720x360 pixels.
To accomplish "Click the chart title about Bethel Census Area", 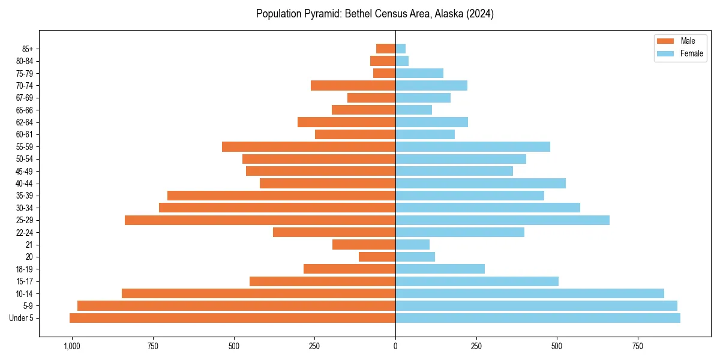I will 374,14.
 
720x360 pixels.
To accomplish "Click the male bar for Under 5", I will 232,318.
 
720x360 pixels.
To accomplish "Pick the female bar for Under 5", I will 538,318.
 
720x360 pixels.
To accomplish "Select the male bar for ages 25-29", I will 260,220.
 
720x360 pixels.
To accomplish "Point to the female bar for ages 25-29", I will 502,220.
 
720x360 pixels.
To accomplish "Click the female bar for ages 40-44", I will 480,184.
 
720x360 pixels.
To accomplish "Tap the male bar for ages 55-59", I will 308,146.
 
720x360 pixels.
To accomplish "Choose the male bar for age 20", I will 377,257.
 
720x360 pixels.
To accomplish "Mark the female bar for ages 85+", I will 400,49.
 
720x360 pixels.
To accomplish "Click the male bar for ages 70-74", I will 353,85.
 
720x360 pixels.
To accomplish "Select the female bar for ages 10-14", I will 529,293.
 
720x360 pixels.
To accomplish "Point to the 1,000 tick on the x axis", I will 72,346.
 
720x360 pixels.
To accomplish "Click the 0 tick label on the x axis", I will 395,346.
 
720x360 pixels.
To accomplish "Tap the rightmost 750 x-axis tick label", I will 638,346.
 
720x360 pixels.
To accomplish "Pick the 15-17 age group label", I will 25,281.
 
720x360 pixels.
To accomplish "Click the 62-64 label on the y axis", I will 25,122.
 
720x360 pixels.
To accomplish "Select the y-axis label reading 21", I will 29,245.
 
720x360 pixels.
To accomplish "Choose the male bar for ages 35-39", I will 281,196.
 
